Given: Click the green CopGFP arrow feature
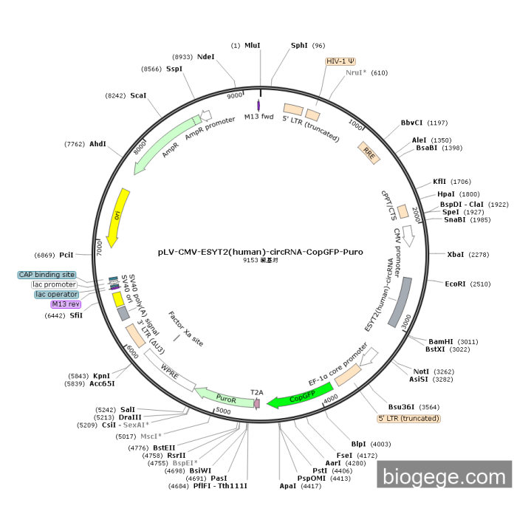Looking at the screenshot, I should [293, 400].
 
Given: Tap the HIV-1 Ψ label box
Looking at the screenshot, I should [340, 62].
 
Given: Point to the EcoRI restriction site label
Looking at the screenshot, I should [456, 284].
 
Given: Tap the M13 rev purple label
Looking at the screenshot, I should [66, 304].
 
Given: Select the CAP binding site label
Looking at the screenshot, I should [47, 275].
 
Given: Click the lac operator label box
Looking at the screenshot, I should [57, 294].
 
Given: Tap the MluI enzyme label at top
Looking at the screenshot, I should [253, 45].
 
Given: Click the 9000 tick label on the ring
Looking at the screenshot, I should [235, 96].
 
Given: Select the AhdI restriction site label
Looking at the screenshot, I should [97, 144].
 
